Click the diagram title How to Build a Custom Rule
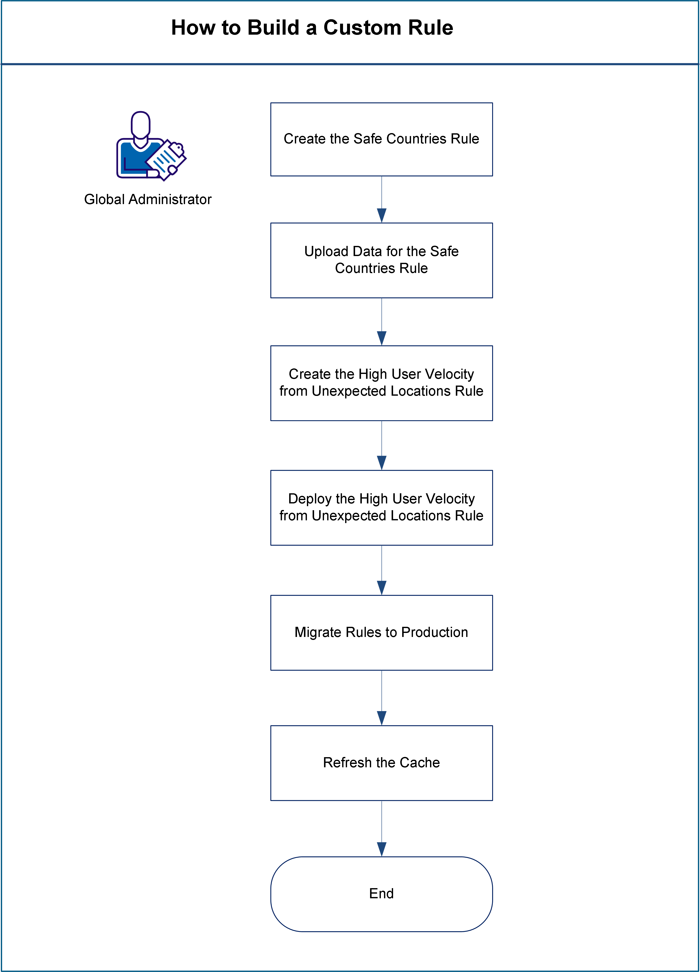coord(312,28)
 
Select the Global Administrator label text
coord(148,199)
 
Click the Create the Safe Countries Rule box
coord(381,139)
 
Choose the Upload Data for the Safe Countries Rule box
coord(381,260)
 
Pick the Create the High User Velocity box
coord(381,383)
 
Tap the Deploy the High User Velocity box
coord(381,507)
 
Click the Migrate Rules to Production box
coord(381,633)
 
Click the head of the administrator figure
coord(140,124)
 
